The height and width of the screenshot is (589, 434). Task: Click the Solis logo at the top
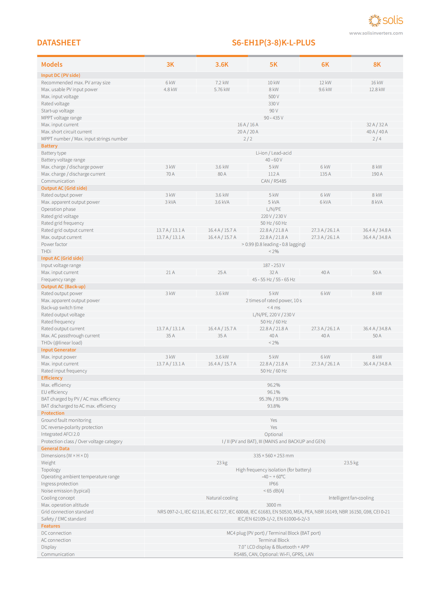coord(386,20)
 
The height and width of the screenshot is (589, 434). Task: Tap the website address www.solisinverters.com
coord(376,33)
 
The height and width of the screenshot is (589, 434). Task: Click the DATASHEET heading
coord(58,43)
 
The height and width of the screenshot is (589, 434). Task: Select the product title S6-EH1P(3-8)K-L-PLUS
coord(273,43)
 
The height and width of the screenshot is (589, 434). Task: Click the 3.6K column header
coord(222,64)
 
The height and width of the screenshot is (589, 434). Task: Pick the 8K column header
coord(377,64)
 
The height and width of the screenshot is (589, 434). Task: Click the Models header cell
coord(52,64)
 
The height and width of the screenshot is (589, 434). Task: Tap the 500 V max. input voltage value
coord(273,97)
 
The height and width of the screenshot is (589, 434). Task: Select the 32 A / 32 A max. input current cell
coord(377,125)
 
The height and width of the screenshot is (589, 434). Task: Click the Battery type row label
coord(54,153)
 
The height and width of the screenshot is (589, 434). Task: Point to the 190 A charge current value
coord(377,174)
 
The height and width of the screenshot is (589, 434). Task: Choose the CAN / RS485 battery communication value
coord(273,181)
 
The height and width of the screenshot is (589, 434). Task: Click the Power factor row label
coord(54,244)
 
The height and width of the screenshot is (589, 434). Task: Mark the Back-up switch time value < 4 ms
coord(273,307)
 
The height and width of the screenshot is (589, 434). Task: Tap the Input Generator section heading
coord(58,350)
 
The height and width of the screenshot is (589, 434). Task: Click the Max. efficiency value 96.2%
coord(273,385)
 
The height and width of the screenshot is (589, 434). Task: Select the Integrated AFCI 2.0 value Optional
coord(273,434)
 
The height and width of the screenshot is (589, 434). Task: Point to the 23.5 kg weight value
coord(351,463)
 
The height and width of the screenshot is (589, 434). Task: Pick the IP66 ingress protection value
coord(273,484)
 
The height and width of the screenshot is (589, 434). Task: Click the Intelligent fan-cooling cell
coord(351,498)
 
